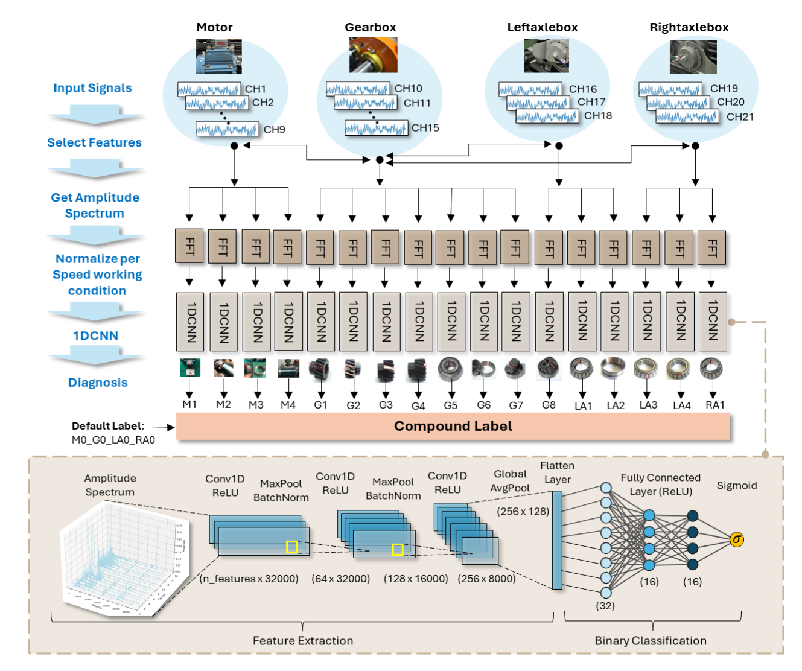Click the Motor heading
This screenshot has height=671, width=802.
[214, 27]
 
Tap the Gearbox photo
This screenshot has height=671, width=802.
[373, 55]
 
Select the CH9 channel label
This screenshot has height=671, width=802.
[274, 129]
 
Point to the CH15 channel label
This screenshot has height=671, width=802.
[425, 128]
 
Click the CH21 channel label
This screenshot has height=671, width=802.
[740, 116]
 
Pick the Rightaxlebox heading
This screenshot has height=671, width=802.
[689, 27]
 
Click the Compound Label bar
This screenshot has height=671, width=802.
[453, 426]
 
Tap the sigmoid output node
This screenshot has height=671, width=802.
[736, 539]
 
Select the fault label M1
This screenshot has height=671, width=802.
[189, 404]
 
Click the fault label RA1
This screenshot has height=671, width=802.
[714, 405]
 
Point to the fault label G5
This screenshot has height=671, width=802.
[450, 405]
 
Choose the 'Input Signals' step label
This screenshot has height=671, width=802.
[92, 87]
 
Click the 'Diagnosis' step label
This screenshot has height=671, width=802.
[98, 383]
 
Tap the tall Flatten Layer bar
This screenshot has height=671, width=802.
[557, 539]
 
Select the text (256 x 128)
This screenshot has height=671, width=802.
[523, 511]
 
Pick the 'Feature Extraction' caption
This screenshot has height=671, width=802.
[303, 641]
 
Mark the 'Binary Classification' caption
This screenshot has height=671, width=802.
[651, 641]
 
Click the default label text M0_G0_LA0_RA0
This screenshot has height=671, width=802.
[113, 440]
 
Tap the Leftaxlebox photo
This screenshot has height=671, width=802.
[546, 56]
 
